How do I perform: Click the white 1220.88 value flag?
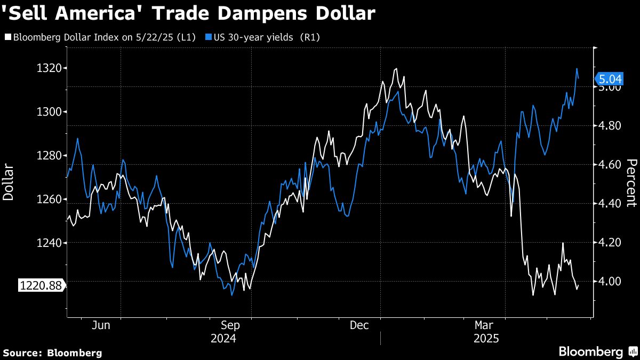(41, 286)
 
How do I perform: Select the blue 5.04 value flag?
(610, 79)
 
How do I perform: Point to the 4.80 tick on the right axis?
(610, 126)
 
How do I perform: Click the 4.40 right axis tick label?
(610, 204)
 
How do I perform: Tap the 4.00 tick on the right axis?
(610, 281)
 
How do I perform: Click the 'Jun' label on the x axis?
(101, 325)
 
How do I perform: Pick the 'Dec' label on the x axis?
(359, 325)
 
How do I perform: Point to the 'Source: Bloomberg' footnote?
(52, 353)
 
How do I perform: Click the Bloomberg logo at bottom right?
(597, 351)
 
